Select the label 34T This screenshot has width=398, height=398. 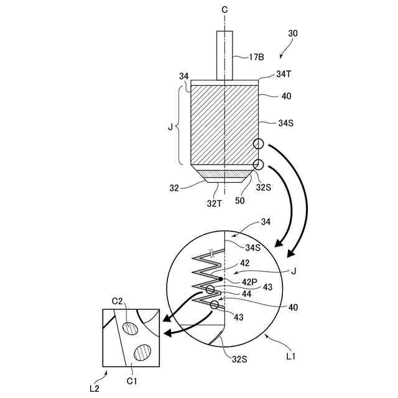(284, 75)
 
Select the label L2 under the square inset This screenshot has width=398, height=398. (95, 387)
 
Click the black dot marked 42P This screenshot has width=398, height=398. (221, 279)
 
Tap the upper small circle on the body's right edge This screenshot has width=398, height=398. (258, 144)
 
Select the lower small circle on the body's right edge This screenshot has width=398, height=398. (258, 164)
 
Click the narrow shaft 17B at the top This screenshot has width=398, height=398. (224, 55)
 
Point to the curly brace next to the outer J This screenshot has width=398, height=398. (179, 127)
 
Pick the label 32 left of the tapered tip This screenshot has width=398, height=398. (174, 186)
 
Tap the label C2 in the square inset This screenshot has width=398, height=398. (117, 302)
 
